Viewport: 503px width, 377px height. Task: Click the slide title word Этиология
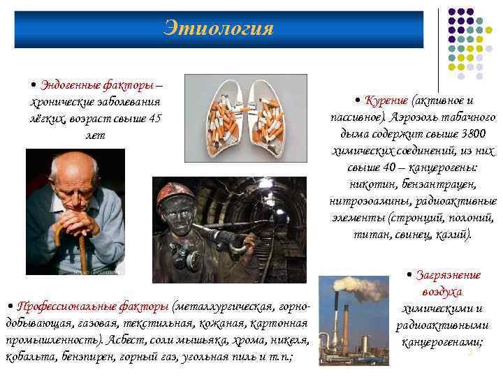pyautogui.click(x=219, y=29)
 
